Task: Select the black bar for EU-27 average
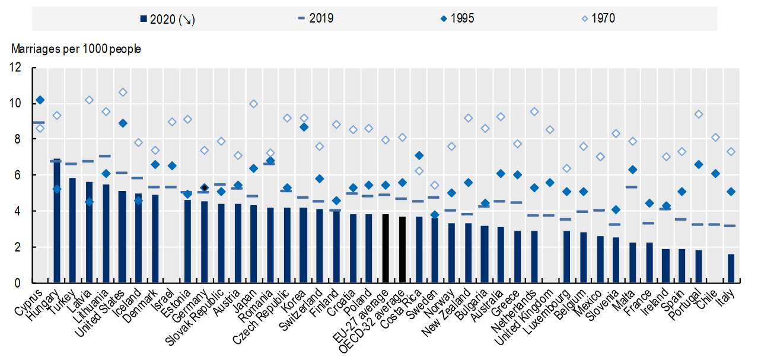[x=386, y=249]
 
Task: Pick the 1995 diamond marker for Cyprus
[x=40, y=100]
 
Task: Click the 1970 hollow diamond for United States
[x=123, y=92]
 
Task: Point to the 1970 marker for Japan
[x=254, y=104]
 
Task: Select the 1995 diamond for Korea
[x=303, y=127]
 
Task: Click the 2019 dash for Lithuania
[x=106, y=156]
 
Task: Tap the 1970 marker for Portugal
[x=698, y=114]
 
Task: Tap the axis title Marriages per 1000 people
[x=75, y=49]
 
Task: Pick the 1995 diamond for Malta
[x=632, y=170]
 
